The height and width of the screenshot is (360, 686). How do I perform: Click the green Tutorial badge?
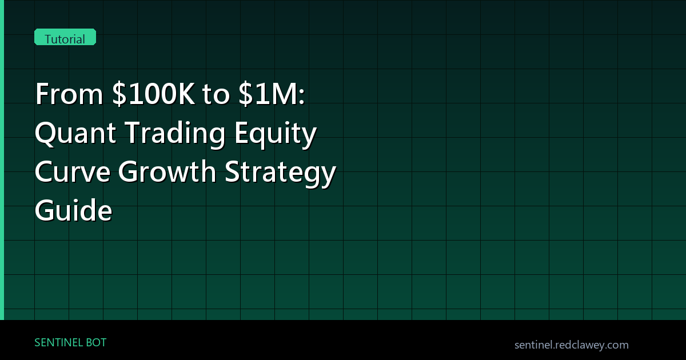click(65, 37)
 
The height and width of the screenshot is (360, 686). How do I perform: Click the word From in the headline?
click(70, 94)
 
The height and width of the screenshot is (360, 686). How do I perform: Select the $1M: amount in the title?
click(272, 94)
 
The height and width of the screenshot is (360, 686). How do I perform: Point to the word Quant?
click(75, 133)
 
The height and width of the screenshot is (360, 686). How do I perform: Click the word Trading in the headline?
click(176, 134)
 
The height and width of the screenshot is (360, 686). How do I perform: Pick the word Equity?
click(276, 134)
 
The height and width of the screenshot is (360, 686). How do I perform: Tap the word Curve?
click(73, 172)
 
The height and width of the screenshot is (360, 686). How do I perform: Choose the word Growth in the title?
click(167, 171)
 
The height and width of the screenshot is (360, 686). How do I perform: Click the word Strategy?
click(281, 173)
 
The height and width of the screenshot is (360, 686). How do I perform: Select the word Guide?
click(74, 210)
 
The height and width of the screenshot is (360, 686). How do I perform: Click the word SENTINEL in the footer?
click(58, 342)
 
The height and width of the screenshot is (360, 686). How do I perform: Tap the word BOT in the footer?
click(96, 342)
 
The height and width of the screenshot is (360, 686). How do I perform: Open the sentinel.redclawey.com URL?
click(572, 345)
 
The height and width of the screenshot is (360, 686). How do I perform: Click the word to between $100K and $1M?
click(216, 95)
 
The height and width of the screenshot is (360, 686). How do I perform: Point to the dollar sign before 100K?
click(119, 94)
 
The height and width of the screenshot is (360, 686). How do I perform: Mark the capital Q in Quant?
click(45, 134)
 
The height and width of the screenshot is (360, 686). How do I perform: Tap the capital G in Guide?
click(45, 210)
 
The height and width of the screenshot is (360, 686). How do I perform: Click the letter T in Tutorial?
click(49, 39)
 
